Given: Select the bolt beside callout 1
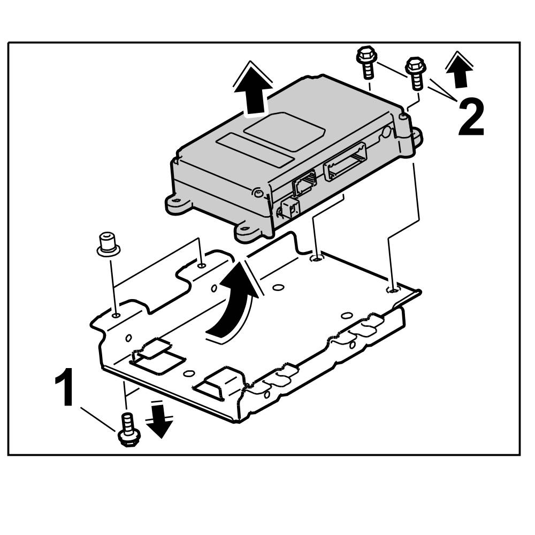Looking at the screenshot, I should pos(127,429).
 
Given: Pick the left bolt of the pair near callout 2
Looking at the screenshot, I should pos(366,63).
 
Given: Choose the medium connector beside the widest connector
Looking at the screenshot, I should pos(304,185).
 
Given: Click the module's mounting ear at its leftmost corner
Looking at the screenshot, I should pos(179,203).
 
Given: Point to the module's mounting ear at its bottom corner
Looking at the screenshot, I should pos(249,232).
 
